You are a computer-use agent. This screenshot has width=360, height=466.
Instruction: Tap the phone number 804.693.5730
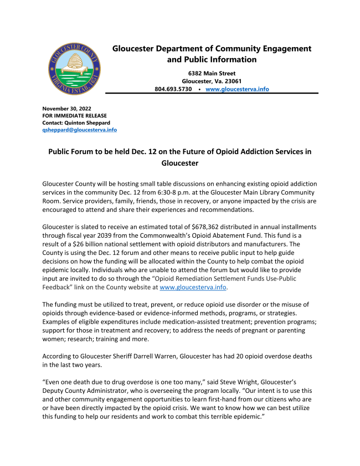[x=173, y=89]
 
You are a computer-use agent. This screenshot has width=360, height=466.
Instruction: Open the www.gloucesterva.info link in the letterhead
[x=237, y=89]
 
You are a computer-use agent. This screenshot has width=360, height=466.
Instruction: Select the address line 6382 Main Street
[x=212, y=73]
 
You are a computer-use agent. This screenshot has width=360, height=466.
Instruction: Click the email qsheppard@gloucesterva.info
[x=80, y=130]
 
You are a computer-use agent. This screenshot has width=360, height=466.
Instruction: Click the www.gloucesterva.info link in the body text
[x=193, y=288]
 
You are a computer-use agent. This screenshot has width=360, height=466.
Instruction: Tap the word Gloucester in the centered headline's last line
[x=179, y=163]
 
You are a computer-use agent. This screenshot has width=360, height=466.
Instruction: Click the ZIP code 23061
[x=229, y=81]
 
